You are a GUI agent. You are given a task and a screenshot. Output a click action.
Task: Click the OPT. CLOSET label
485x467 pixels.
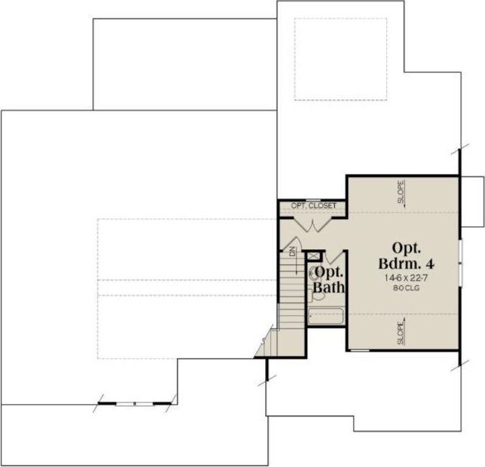pyautogui.click(x=313, y=206)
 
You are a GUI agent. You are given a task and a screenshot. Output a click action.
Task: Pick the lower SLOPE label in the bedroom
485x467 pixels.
pyautogui.click(x=401, y=334)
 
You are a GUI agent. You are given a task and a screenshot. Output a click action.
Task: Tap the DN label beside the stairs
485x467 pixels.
pyautogui.click(x=293, y=251)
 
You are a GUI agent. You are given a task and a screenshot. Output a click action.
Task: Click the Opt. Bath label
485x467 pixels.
pyautogui.click(x=330, y=280)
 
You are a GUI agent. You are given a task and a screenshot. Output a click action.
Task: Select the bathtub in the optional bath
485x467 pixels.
pyautogui.click(x=327, y=317)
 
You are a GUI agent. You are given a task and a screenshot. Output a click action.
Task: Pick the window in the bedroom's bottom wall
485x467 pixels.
pyautogui.click(x=360, y=350)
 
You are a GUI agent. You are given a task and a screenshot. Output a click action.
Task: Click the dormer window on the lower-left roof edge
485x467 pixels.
pyautogui.click(x=134, y=404)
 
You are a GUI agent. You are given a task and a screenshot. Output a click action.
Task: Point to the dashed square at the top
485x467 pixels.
pyautogui.click(x=341, y=59)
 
